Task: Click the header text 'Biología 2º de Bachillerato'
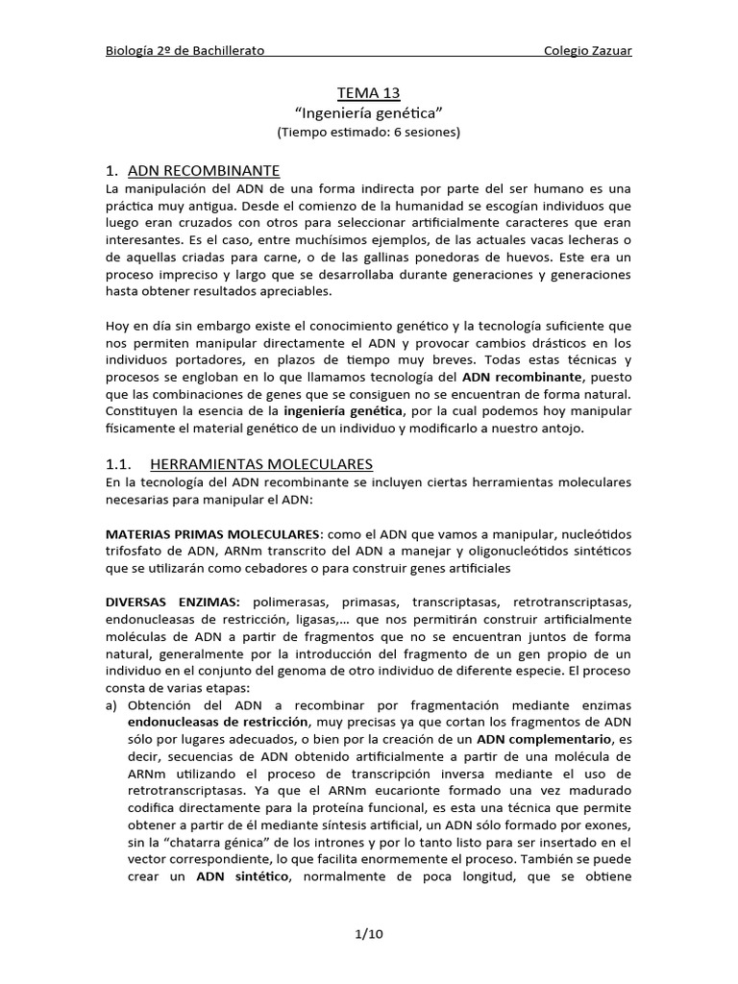click(184, 50)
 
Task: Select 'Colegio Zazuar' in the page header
click(587, 50)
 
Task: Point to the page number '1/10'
click(368, 932)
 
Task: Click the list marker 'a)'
click(113, 704)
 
